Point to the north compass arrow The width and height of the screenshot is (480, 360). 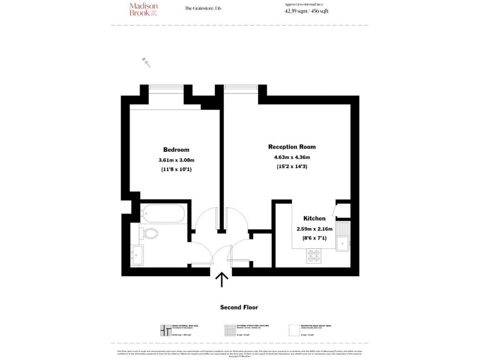[147, 62]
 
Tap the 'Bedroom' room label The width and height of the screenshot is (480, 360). [176, 150]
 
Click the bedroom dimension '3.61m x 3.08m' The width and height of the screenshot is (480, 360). [176, 160]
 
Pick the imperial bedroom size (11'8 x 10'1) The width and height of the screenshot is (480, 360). [176, 169]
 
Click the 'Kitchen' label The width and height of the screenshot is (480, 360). [314, 219]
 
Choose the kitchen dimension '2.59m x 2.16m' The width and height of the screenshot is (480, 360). [314, 229]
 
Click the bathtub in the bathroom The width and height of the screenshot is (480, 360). [162, 214]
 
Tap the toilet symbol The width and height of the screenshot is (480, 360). [148, 234]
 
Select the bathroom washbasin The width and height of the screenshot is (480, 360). [137, 254]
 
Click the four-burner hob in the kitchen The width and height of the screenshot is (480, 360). [313, 255]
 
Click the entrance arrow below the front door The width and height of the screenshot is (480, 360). [221, 279]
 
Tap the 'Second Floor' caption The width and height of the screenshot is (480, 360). [239, 307]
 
